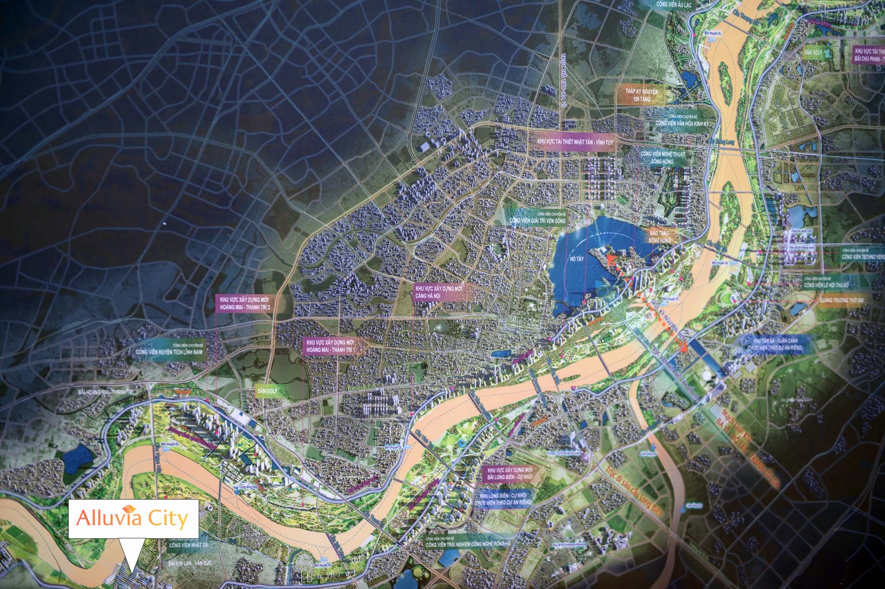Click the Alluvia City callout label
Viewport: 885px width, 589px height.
pos(133,518)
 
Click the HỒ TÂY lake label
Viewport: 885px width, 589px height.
pos(577,259)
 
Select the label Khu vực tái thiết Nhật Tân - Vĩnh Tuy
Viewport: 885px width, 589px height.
pos(575,142)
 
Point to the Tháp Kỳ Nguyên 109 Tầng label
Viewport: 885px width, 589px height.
pos(641,95)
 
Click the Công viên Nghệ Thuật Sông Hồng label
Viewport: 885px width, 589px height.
pos(662,158)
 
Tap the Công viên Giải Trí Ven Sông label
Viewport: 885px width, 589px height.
pos(537,218)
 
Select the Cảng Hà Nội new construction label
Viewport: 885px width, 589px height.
pos(439,292)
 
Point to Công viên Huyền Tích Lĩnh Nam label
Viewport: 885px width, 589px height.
pos(169,350)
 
